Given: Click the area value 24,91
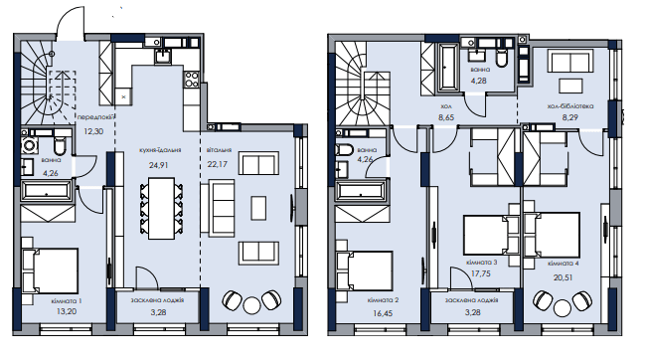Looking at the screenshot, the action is click(158, 165).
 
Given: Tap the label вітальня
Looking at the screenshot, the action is click(219, 150).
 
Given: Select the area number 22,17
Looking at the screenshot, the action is click(217, 164).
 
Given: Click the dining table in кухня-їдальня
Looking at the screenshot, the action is click(161, 208).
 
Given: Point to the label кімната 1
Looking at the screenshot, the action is click(67, 301).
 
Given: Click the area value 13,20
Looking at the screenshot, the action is click(67, 311).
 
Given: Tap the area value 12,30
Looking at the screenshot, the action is click(93, 131).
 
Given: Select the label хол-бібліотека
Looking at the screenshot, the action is click(570, 106).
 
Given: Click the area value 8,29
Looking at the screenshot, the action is click(570, 117).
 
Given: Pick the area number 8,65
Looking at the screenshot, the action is click(446, 117).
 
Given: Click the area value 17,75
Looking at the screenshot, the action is click(480, 273).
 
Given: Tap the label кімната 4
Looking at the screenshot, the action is click(564, 264).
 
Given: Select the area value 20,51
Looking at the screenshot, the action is click(564, 277).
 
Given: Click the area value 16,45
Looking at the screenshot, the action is click(383, 313).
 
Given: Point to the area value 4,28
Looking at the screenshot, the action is click(479, 81).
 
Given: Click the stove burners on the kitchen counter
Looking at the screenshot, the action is click(191, 80).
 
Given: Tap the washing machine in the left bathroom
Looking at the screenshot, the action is click(29, 145).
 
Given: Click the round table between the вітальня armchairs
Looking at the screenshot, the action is click(251, 305).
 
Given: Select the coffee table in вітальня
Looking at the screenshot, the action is click(258, 208).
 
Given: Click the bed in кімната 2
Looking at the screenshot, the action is click(364, 271).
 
